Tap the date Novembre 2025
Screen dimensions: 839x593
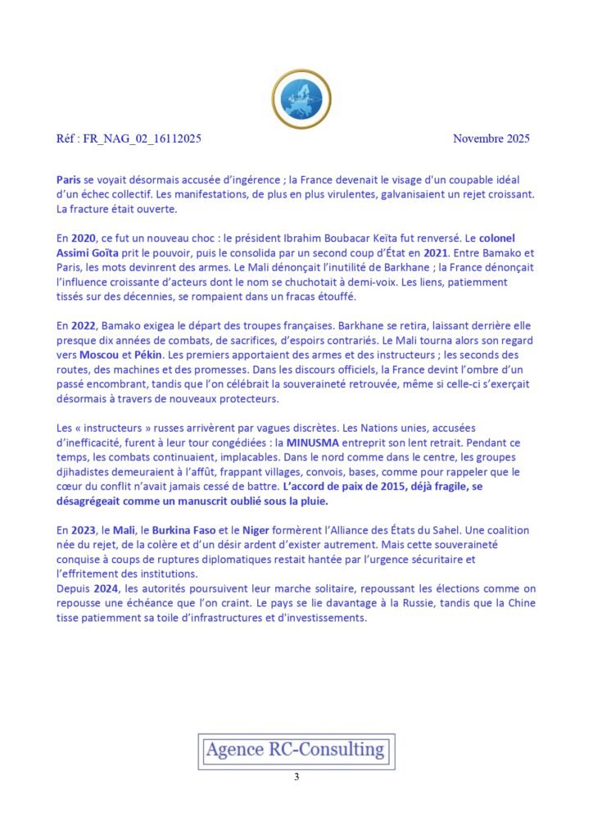click(491, 138)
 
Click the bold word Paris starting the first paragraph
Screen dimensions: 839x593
click(69, 179)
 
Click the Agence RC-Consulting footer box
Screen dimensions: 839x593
click(296, 750)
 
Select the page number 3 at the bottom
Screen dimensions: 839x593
click(296, 777)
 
